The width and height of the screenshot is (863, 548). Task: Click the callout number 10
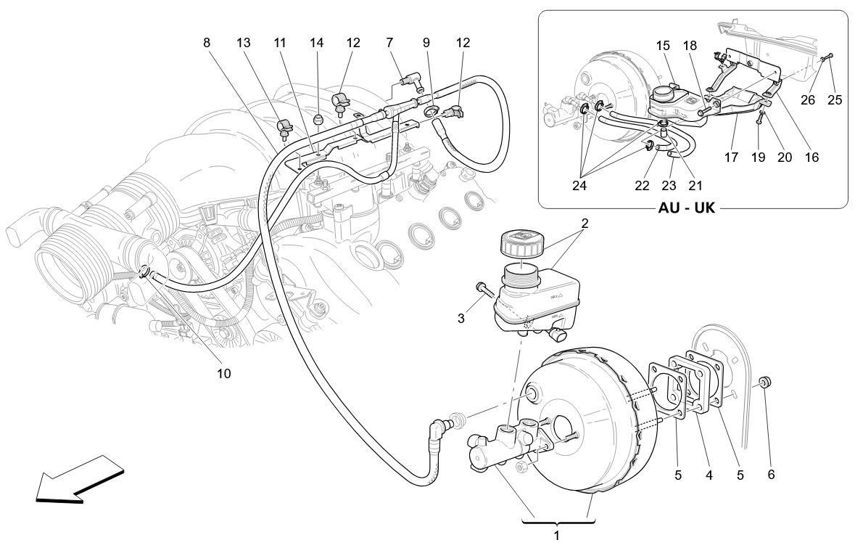(x=223, y=374)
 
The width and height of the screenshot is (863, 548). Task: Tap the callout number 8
(x=207, y=43)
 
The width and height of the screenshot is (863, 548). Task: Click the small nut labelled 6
(x=766, y=383)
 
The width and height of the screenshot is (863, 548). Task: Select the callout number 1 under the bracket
(x=557, y=536)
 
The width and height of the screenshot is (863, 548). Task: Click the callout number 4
(x=709, y=475)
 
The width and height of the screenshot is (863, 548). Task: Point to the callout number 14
(x=316, y=43)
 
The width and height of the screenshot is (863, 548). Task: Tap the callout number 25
(x=835, y=100)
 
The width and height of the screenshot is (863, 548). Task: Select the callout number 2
(x=585, y=223)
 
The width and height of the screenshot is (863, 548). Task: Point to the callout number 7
(x=390, y=43)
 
